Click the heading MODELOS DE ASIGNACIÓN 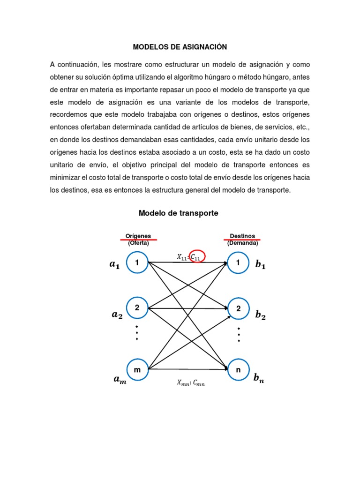point(180,47)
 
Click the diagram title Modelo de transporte point(179,213)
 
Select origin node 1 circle point(137,263)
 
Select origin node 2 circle point(137,308)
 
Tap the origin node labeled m point(137,370)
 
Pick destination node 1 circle point(238,263)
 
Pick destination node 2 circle point(238,308)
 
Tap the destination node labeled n point(238,370)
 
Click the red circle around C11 point(197,255)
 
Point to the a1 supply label point(114,265)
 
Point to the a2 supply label point(117,315)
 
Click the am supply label point(120,380)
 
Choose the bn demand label point(259,378)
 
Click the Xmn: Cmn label point(191,383)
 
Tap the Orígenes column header point(138,236)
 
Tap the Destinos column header point(242,236)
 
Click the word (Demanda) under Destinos point(242,243)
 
